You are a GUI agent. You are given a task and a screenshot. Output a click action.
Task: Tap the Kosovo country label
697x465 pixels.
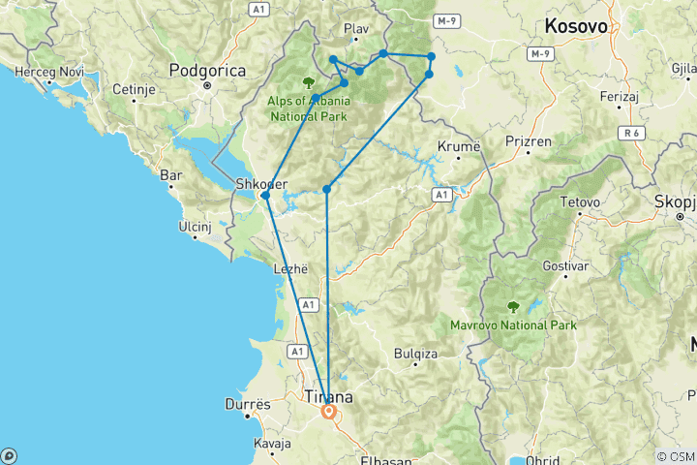click(576, 26)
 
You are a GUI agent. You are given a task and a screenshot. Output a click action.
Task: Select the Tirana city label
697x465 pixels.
click(329, 396)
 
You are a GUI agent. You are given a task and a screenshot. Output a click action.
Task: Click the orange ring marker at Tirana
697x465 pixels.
click(329, 412)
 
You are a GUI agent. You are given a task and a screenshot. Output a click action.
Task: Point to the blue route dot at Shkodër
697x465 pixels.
click(265, 196)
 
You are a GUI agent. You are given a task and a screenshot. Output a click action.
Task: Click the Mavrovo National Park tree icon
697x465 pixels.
click(513, 307)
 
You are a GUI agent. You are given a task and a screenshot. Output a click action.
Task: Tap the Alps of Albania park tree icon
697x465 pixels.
click(309, 82)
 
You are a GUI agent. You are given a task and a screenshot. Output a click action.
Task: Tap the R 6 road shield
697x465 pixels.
click(633, 133)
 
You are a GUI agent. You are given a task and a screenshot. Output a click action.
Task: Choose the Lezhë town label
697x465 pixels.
click(291, 269)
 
